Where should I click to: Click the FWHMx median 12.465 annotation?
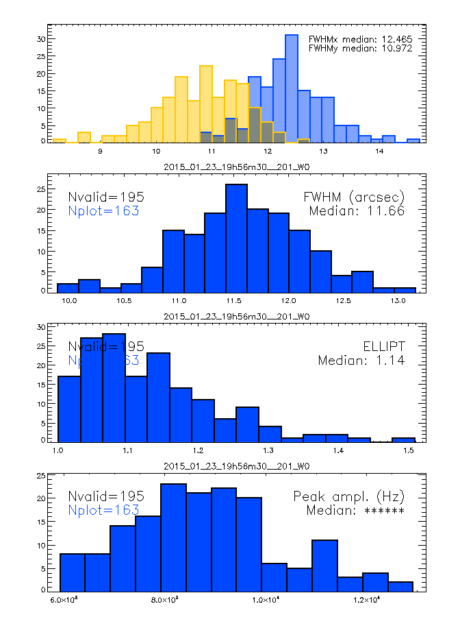[360, 40]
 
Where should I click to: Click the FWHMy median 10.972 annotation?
[360, 49]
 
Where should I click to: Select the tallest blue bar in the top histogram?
[292, 89]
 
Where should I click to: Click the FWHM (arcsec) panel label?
[354, 197]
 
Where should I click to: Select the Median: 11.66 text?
[357, 211]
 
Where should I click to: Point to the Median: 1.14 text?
[361, 360]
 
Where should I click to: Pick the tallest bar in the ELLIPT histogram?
[114, 387]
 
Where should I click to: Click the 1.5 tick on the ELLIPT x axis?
[409, 450]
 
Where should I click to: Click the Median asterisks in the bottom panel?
[355, 510]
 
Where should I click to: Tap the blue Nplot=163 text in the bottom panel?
[103, 510]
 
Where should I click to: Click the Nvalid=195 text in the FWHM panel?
[106, 197]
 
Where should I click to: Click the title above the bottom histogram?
[237, 466]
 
